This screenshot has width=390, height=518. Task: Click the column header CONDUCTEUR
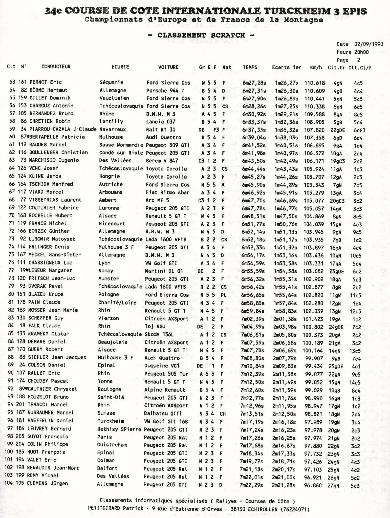[x=56, y=67]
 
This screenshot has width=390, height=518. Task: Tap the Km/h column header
[x=316, y=68]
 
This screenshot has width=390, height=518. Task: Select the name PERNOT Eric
[x=46, y=82]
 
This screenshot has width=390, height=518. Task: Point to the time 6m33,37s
[x=254, y=122]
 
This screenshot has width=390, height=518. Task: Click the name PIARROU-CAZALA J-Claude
[x=63, y=129]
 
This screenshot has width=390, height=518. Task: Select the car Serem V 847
[x=162, y=161]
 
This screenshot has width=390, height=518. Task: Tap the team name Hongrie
[x=109, y=176]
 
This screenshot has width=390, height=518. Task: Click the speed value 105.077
[x=314, y=201]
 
